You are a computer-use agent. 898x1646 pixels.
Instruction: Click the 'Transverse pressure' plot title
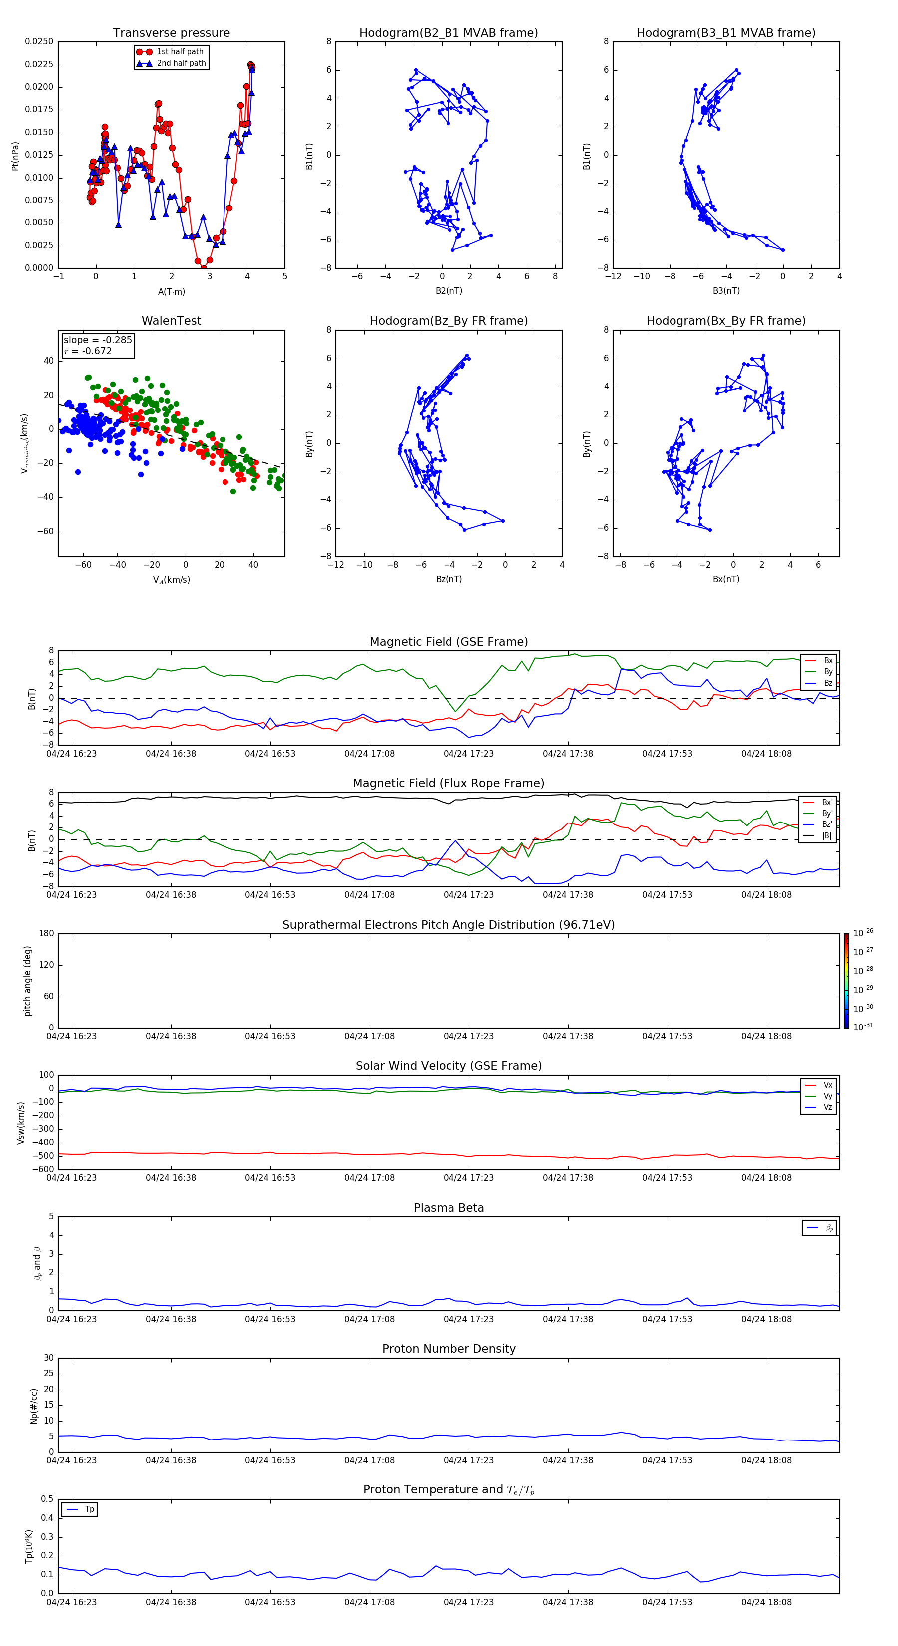coord(171,33)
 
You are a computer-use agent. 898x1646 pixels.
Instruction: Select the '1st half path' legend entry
coord(180,52)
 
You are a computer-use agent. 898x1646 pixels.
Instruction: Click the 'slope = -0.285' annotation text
coord(98,340)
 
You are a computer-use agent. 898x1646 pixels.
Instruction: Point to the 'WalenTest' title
coord(171,321)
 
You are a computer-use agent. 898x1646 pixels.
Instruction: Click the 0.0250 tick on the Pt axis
coord(39,41)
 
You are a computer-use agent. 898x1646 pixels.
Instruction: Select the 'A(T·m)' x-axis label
coord(171,291)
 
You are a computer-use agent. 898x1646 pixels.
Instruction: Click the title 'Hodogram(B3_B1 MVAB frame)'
coord(725,33)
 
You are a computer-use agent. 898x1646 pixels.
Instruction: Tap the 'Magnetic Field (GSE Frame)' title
coord(449,642)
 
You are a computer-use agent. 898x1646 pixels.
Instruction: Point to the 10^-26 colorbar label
coord(863,933)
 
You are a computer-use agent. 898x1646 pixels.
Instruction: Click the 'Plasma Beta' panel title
coord(449,1208)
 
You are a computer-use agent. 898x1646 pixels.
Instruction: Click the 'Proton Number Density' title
coord(449,1349)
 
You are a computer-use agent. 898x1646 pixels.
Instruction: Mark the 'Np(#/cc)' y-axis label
coord(34,1406)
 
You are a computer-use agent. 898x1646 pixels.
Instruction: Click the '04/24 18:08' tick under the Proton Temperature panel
coord(766,1602)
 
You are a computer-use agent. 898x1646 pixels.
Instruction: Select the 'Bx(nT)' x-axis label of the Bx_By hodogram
coord(725,579)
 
